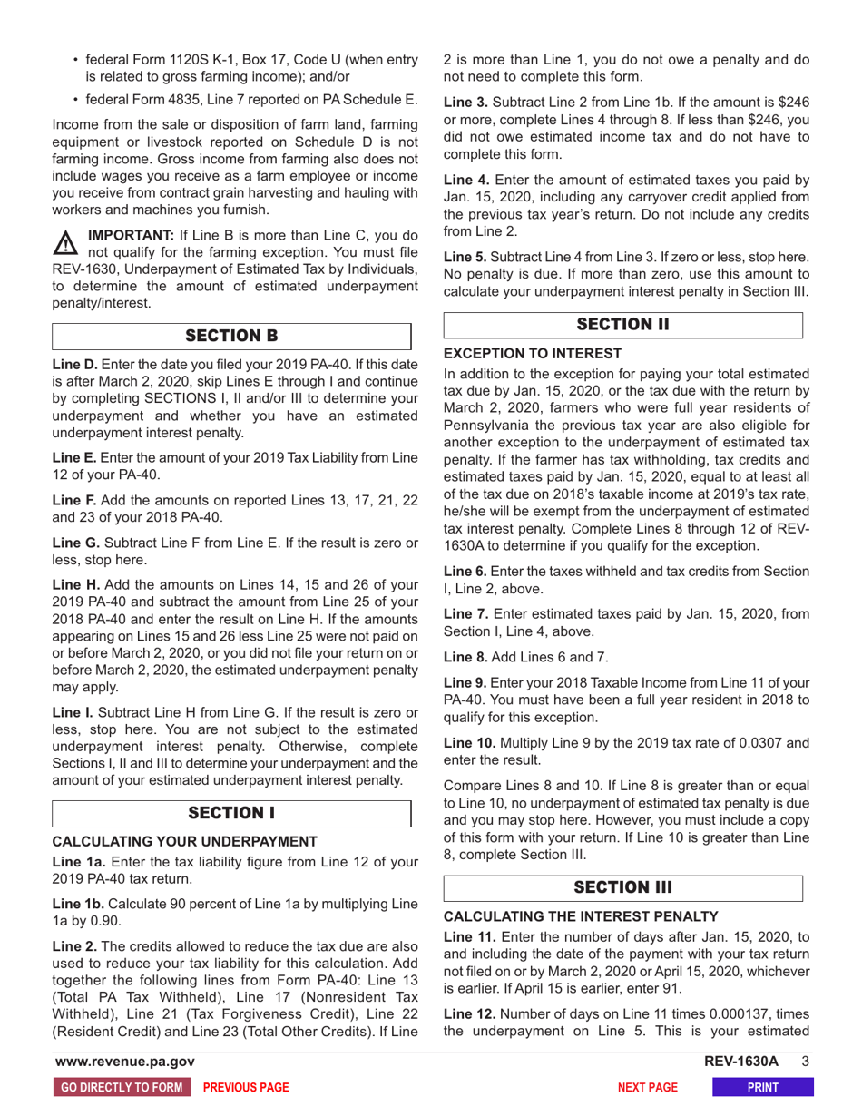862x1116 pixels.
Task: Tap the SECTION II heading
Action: coord(623,325)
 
